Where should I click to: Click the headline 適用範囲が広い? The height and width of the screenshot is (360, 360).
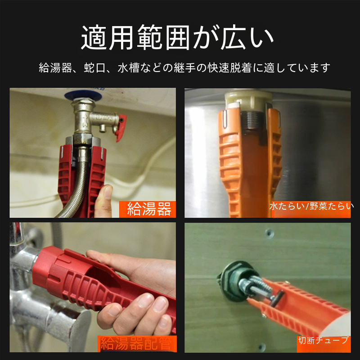[x=177, y=37]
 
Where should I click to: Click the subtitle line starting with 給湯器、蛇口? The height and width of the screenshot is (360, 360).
[x=184, y=68]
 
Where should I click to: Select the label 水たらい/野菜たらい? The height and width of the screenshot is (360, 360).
[x=311, y=207]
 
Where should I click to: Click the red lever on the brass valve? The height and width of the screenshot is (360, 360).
[x=121, y=128]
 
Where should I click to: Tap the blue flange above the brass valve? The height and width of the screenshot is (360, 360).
[x=83, y=95]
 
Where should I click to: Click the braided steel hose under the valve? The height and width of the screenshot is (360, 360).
[x=76, y=188]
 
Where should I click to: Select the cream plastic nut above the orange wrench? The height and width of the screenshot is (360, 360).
[x=248, y=101]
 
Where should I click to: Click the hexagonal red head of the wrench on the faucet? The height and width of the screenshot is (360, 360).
[x=45, y=266]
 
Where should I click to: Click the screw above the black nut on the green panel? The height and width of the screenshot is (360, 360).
[x=269, y=233]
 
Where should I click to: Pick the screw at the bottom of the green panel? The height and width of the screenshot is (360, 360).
[x=262, y=346]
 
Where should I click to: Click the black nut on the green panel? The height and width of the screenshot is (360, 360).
[x=232, y=281]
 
